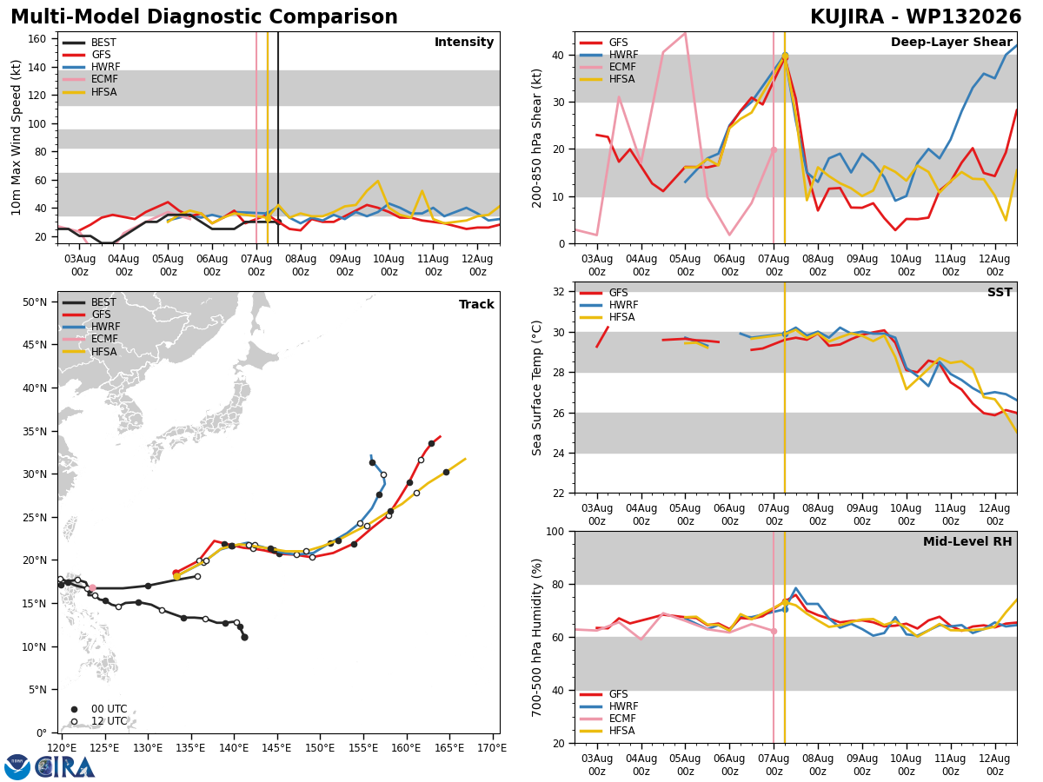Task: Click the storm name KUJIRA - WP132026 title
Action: click(x=915, y=17)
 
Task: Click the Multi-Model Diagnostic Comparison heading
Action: click(x=204, y=17)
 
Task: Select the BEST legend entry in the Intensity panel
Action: click(x=89, y=43)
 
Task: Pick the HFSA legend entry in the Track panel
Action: click(x=89, y=351)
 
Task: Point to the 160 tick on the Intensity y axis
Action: click(x=37, y=39)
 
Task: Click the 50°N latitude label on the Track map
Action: click(x=34, y=302)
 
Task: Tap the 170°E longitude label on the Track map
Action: click(x=492, y=748)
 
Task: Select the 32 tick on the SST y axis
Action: click(x=559, y=292)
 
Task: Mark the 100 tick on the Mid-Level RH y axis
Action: click(x=555, y=531)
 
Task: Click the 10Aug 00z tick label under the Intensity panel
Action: click(x=389, y=265)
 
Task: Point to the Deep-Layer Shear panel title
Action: click(x=951, y=42)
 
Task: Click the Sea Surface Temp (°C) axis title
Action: click(x=536, y=388)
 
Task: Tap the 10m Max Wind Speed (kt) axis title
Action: click(x=16, y=137)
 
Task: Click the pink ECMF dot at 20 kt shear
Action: click(x=774, y=150)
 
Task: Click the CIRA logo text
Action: click(x=64, y=767)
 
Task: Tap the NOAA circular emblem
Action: click(x=17, y=767)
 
